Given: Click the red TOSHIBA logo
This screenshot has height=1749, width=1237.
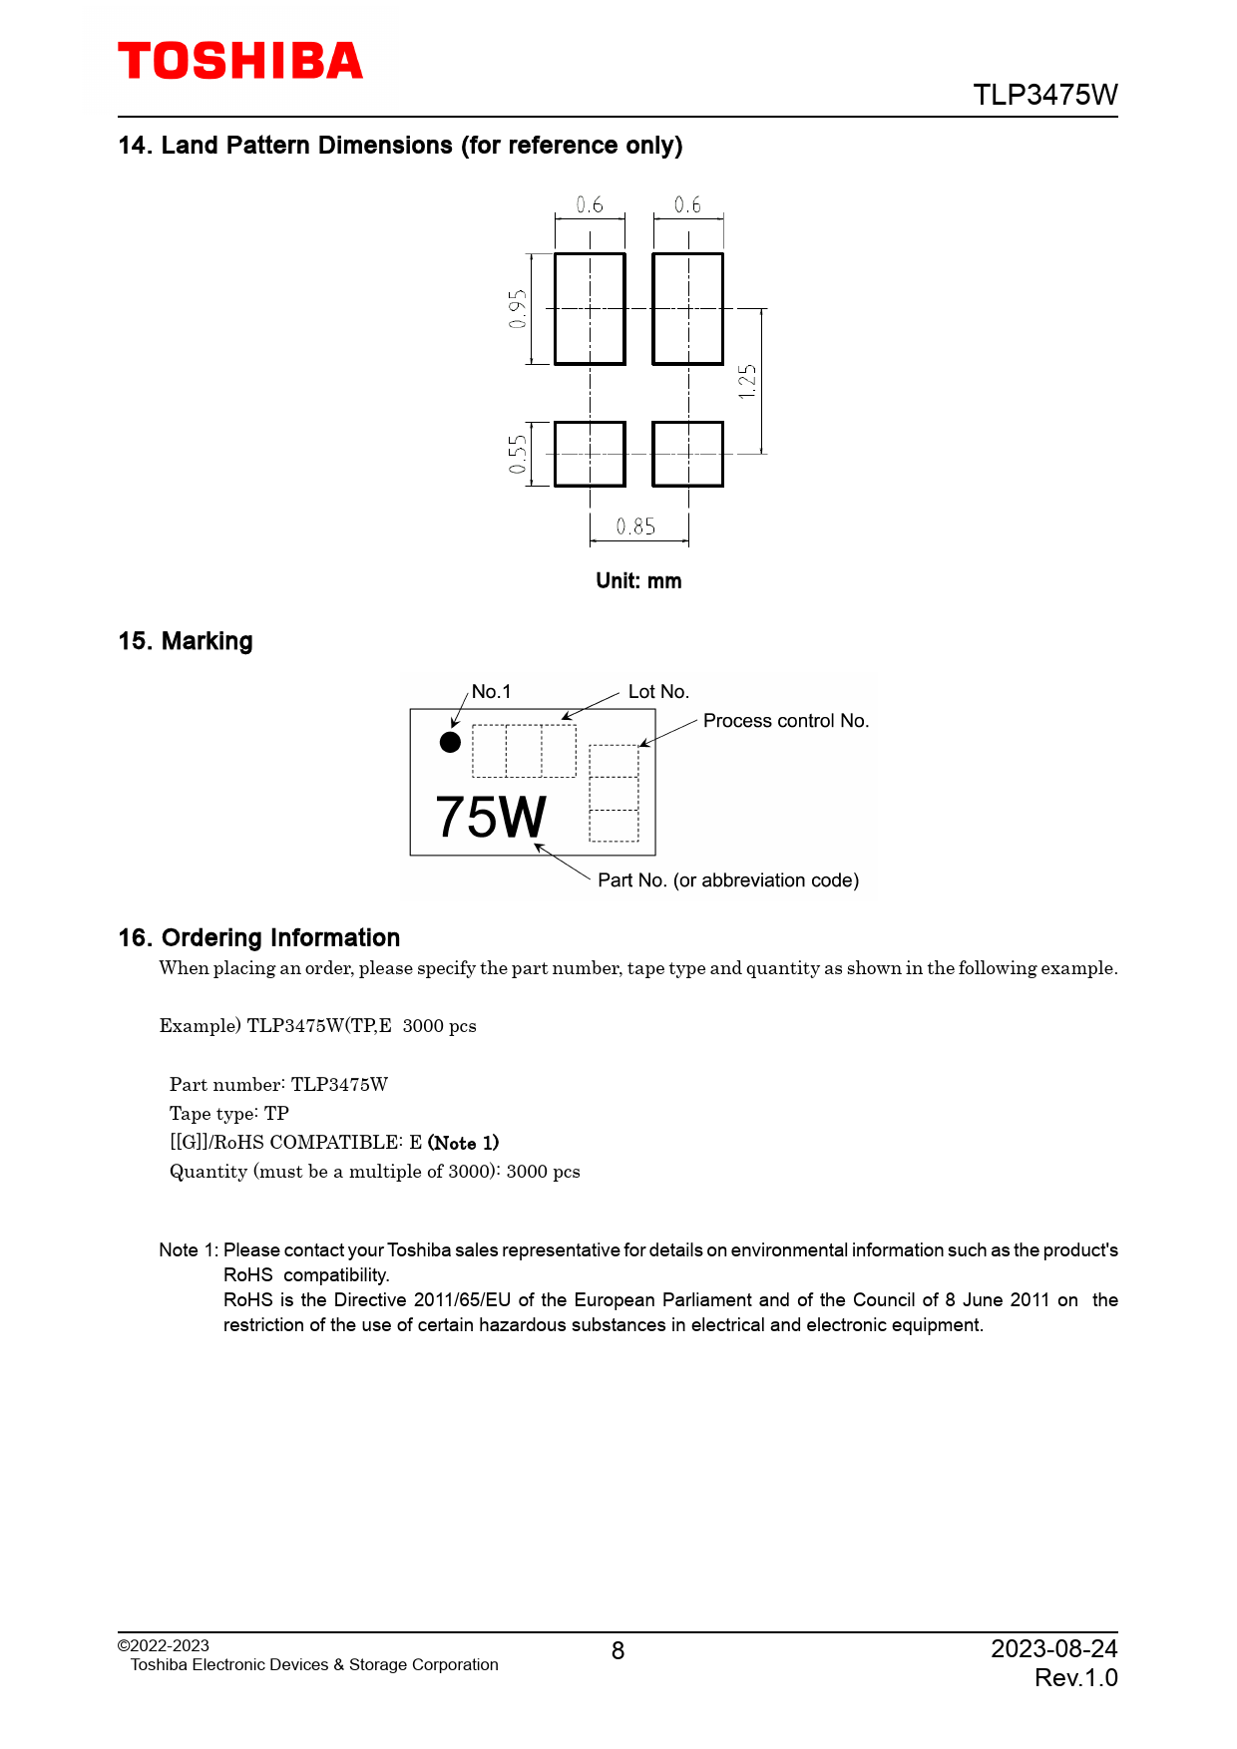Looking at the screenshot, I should tap(240, 62).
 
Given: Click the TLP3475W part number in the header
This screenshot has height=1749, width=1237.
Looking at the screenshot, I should tap(1044, 95).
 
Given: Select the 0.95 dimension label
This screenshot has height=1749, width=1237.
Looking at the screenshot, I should tap(517, 309).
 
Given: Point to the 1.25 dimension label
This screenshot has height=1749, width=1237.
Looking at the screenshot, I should tap(747, 381).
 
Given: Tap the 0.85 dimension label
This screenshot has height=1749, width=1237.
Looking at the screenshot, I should tap(635, 526).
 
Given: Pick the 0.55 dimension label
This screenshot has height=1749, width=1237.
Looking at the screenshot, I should tap(517, 455).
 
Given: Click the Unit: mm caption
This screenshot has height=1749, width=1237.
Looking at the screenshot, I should tap(638, 581).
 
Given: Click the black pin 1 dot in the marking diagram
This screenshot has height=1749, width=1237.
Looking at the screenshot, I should tap(450, 742).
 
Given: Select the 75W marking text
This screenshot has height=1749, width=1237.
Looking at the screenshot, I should tap(491, 818).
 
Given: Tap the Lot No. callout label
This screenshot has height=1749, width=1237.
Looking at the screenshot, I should tap(658, 692).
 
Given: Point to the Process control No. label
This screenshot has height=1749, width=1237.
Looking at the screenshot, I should tap(786, 721).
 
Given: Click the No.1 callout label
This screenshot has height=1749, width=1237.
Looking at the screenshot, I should tap(491, 692).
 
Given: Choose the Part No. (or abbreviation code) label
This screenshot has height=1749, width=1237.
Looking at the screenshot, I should tap(728, 880).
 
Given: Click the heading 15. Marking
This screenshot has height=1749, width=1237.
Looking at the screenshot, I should tap(186, 641).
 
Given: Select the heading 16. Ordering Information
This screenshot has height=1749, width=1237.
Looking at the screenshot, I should tap(259, 938).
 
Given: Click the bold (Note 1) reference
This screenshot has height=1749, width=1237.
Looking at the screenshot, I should tap(463, 1143).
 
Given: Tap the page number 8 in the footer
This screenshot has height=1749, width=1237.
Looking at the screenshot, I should tap(618, 1651).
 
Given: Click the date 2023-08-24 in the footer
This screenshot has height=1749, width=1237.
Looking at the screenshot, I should tap(1053, 1649).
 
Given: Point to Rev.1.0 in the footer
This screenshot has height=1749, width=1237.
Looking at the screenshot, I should tap(1075, 1678).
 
